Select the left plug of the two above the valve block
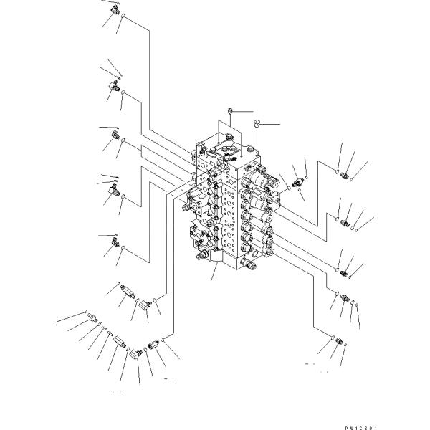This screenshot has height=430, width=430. (x=229, y=110)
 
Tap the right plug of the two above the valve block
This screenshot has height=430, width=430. (x=257, y=124)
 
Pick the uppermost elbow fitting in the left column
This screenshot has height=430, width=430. (x=116, y=9)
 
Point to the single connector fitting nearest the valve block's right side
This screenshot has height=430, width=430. (x=299, y=183)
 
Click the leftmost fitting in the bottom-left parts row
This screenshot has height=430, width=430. (x=92, y=317)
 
